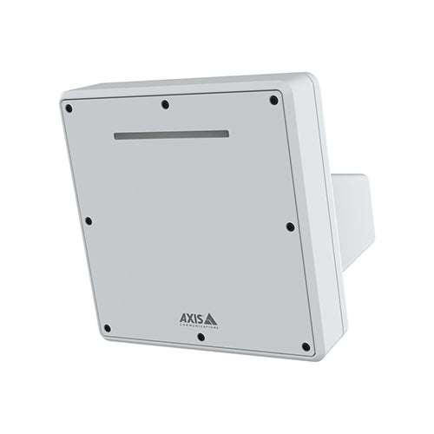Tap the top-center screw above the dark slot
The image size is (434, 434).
pos(165,104)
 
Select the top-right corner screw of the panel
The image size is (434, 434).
pos(273,100)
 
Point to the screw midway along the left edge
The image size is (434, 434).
pos(88,220)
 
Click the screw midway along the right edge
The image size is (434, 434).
pos(290,227)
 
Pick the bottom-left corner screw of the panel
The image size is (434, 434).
pos(107,328)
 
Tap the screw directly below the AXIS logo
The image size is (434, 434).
pos(201,336)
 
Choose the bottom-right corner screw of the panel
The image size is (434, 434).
pos(306,346)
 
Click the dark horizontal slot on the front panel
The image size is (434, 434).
pos(172,135)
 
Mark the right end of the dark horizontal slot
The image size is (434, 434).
pos(227,134)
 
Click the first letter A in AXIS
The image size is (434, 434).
pos(182,318)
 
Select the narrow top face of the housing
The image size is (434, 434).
pos(182,82)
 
